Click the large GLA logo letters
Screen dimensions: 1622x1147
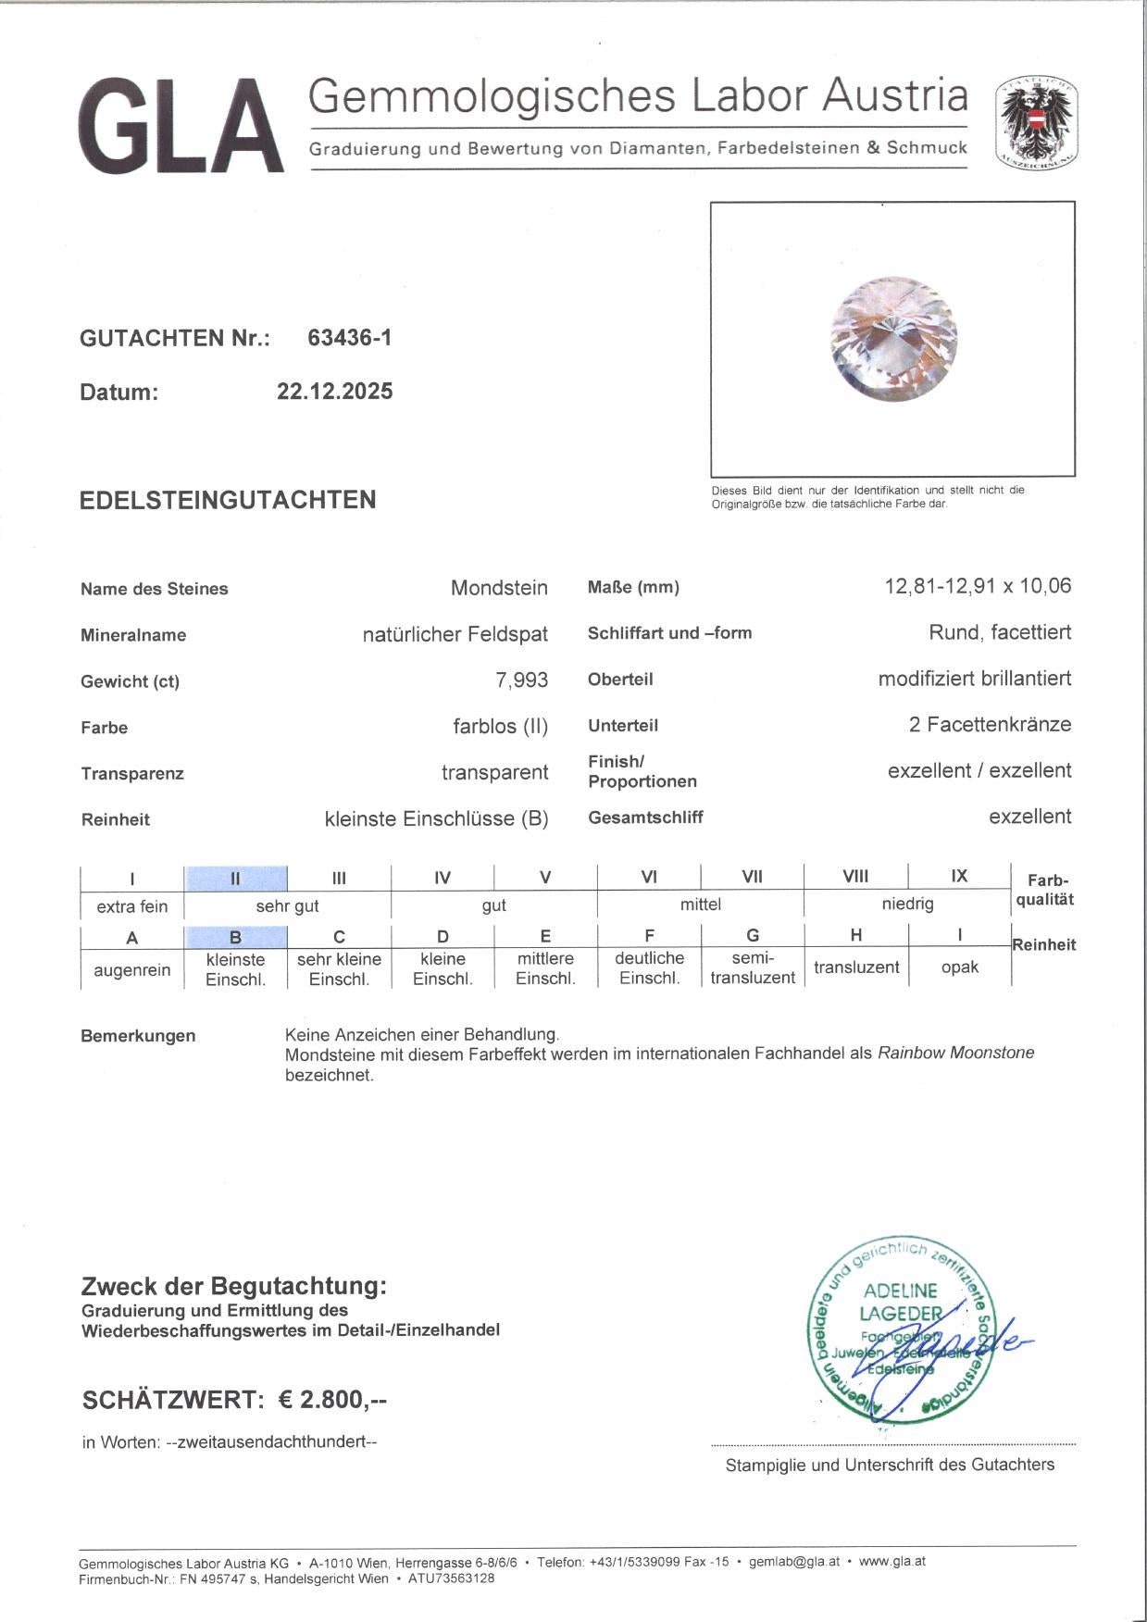pos(181,126)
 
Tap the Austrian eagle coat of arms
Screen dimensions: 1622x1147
pos(1036,123)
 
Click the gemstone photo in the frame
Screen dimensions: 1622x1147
pos(893,339)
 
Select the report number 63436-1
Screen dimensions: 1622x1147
pos(349,338)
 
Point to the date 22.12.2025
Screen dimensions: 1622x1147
pos(334,392)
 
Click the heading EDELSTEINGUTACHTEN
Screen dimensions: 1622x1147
pos(228,500)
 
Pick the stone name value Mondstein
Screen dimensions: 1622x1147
pos(499,588)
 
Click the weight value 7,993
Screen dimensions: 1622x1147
pos(521,680)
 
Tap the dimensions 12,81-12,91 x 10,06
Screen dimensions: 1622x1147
pos(978,586)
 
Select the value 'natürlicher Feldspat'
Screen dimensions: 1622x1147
pos(455,634)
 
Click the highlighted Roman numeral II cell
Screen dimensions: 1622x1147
pos(235,878)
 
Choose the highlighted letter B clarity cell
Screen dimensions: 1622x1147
pos(235,937)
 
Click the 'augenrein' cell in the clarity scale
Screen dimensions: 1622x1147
pos(132,970)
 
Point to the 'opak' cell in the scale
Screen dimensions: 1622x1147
pos(959,967)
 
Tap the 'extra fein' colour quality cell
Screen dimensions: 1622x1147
pos(132,906)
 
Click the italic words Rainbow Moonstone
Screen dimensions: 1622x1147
pos(955,1053)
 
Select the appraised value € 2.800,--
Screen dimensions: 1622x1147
pos(332,1400)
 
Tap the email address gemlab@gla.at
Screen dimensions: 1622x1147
pos(794,1561)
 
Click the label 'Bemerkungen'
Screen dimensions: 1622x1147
pos(138,1036)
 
